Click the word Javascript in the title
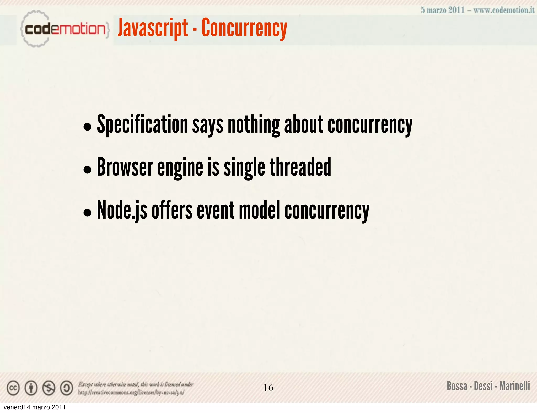pyautogui.click(x=153, y=28)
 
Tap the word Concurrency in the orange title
pyautogui.click(x=244, y=28)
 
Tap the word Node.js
pyautogui.click(x=122, y=210)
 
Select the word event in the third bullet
pyautogui.click(x=216, y=210)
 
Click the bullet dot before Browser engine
pyautogui.click(x=87, y=170)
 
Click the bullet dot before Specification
pyautogui.click(x=87, y=127)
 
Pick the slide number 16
pyautogui.click(x=268, y=388)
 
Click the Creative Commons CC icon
pyautogui.click(x=13, y=388)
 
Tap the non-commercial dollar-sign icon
pyautogui.click(x=49, y=388)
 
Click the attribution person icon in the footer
pyautogui.click(x=31, y=388)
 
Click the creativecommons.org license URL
pyautogui.click(x=131, y=392)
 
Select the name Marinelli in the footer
pyautogui.click(x=514, y=386)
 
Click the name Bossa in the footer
pyautogui.click(x=457, y=386)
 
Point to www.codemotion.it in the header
pyautogui.click(x=504, y=10)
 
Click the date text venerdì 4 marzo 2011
pyautogui.click(x=34, y=407)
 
